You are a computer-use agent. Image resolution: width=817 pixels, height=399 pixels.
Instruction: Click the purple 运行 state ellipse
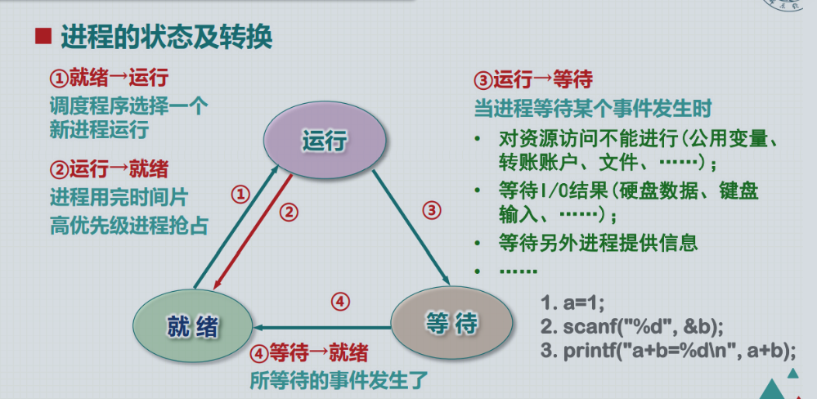pyautogui.click(x=325, y=141)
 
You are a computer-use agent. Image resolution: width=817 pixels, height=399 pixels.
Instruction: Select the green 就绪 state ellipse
pyautogui.click(x=191, y=326)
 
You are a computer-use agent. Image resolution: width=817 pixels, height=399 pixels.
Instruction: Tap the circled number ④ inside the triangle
pyautogui.click(x=341, y=301)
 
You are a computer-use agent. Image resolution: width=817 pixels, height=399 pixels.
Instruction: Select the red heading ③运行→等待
pyautogui.click(x=533, y=80)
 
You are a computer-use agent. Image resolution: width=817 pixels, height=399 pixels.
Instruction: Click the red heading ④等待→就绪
pyautogui.click(x=308, y=353)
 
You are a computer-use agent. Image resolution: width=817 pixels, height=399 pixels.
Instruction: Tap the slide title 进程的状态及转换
pyautogui.click(x=166, y=37)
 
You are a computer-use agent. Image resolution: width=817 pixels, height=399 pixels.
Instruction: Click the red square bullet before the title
pyautogui.click(x=43, y=37)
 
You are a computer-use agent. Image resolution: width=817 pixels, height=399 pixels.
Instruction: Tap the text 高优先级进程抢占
pyautogui.click(x=128, y=224)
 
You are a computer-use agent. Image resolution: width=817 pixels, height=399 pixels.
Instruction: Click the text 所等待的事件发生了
pyautogui.click(x=338, y=379)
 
